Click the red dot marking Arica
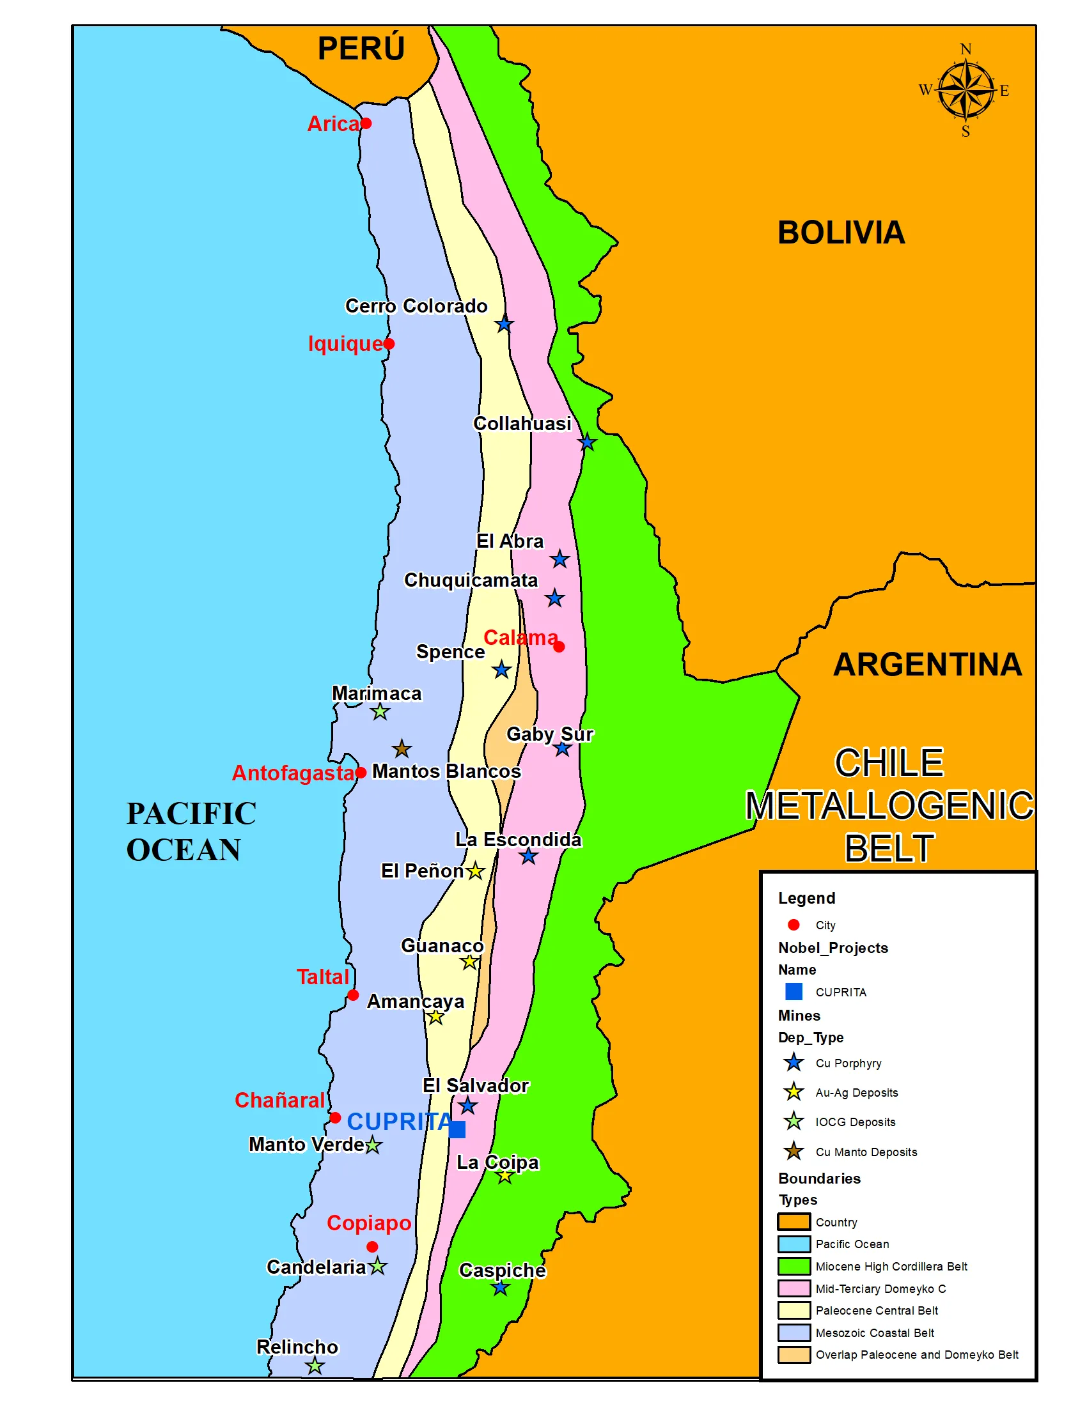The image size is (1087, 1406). click(x=366, y=123)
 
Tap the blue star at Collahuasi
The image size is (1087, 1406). click(x=586, y=443)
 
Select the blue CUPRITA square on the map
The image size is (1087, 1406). click(x=457, y=1129)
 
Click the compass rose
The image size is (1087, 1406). click(x=965, y=90)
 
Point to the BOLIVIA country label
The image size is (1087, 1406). click(x=840, y=233)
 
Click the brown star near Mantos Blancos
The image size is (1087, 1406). click(x=401, y=749)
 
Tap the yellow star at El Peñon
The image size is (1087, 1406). click(x=475, y=871)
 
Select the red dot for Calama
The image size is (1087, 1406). click(x=559, y=646)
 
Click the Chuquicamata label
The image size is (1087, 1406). click(x=470, y=580)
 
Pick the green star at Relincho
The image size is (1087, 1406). click(x=314, y=1366)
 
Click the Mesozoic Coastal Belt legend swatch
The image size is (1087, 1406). click(x=794, y=1333)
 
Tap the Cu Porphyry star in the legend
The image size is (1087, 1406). click(x=794, y=1063)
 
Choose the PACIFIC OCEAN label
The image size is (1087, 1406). click(x=191, y=831)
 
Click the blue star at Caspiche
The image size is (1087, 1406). click(x=501, y=1288)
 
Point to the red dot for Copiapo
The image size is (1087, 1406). click(x=372, y=1247)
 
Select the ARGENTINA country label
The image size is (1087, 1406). click(x=927, y=665)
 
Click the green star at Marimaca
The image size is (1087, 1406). click(x=380, y=711)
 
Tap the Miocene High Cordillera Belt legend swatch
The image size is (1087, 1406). click(x=794, y=1266)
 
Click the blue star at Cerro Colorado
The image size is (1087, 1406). click(x=504, y=325)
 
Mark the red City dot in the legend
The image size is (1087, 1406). click(x=794, y=925)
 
